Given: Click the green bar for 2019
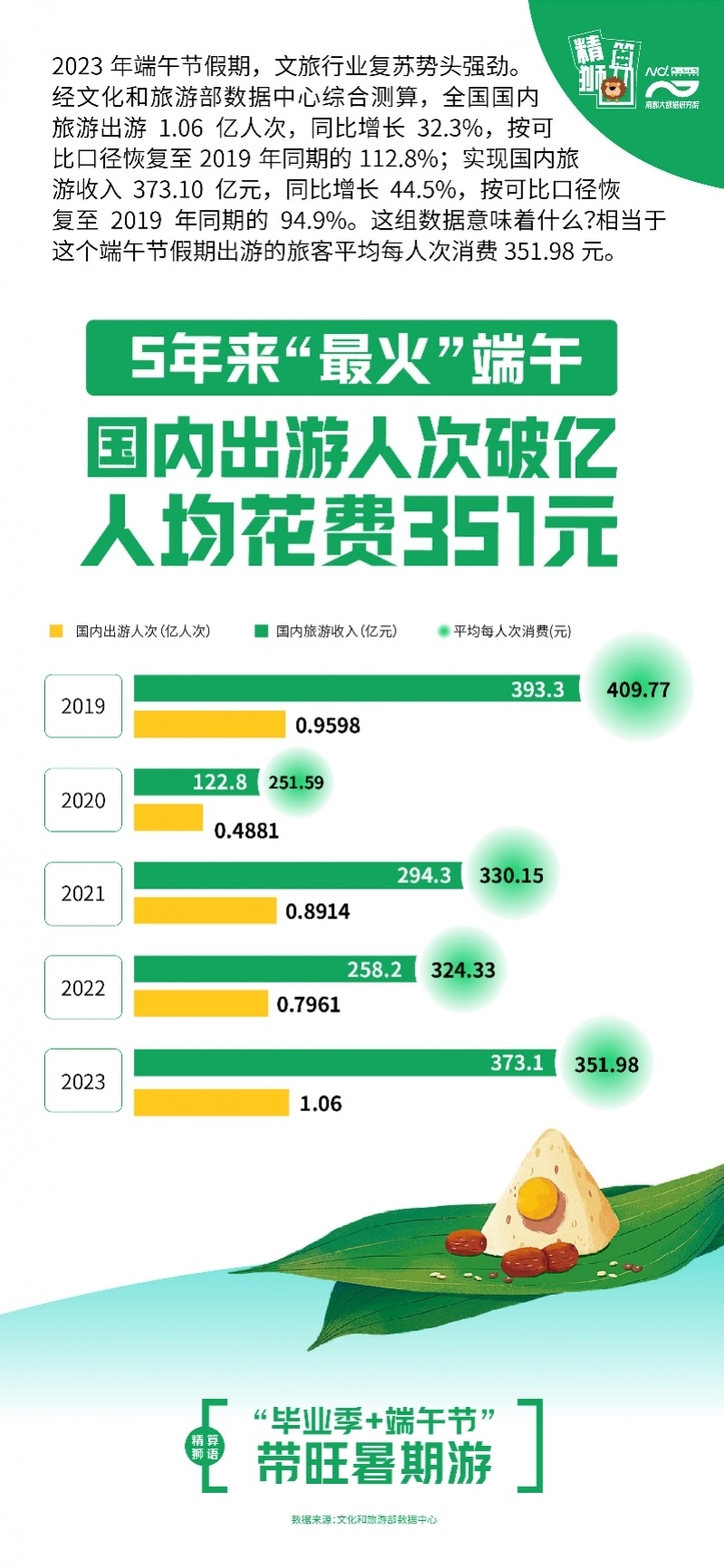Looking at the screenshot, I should click(357, 689).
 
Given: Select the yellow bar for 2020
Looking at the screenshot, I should click(168, 818).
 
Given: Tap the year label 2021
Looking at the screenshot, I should click(83, 894).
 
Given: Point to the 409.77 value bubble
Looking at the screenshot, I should click(638, 689).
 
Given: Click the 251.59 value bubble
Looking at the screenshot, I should click(296, 783).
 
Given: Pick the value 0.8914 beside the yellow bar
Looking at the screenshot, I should click(318, 912).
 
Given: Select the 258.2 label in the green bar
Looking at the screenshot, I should click(374, 970).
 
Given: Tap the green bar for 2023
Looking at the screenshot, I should click(344, 1063).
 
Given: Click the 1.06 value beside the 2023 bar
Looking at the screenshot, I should click(320, 1104).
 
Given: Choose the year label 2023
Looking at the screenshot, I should click(83, 1082).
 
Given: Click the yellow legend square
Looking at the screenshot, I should click(56, 631).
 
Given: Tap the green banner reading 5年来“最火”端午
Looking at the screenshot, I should click(351, 357).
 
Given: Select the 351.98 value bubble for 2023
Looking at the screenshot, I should click(606, 1065).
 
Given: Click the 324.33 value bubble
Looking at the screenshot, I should click(462, 971).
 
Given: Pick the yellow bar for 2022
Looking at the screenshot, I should click(201, 1003).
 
